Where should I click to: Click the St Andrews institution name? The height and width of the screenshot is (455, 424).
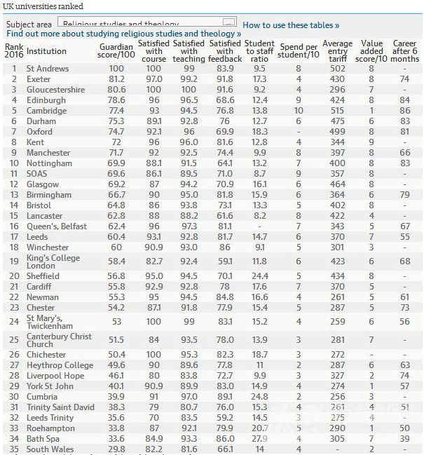(47, 69)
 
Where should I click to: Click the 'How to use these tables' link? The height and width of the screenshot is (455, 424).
(291, 25)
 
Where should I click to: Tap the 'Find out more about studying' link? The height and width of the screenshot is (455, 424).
(123, 34)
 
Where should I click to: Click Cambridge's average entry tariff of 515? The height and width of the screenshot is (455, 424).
(339, 111)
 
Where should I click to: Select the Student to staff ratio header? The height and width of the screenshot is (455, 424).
(259, 51)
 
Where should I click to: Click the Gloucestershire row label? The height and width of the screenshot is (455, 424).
(55, 90)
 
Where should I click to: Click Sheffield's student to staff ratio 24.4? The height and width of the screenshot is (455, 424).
(259, 276)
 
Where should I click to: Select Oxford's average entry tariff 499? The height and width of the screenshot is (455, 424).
(339, 132)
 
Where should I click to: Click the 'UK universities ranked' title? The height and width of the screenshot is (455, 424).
(43, 6)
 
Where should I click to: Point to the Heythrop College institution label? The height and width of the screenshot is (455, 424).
(59, 365)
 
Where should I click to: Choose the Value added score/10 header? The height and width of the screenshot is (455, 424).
(371, 51)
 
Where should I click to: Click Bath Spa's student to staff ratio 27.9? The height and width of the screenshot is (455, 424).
(259, 438)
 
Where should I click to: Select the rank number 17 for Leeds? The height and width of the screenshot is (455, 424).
(13, 237)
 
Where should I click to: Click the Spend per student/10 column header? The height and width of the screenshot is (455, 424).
(299, 51)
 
